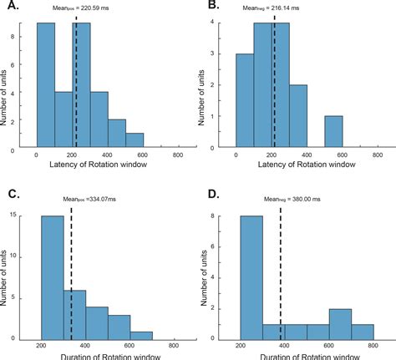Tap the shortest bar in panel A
click(134, 142)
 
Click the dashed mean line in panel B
click(273, 84)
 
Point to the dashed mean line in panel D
click(280, 276)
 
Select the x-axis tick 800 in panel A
click(177, 156)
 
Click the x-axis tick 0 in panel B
click(237, 156)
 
